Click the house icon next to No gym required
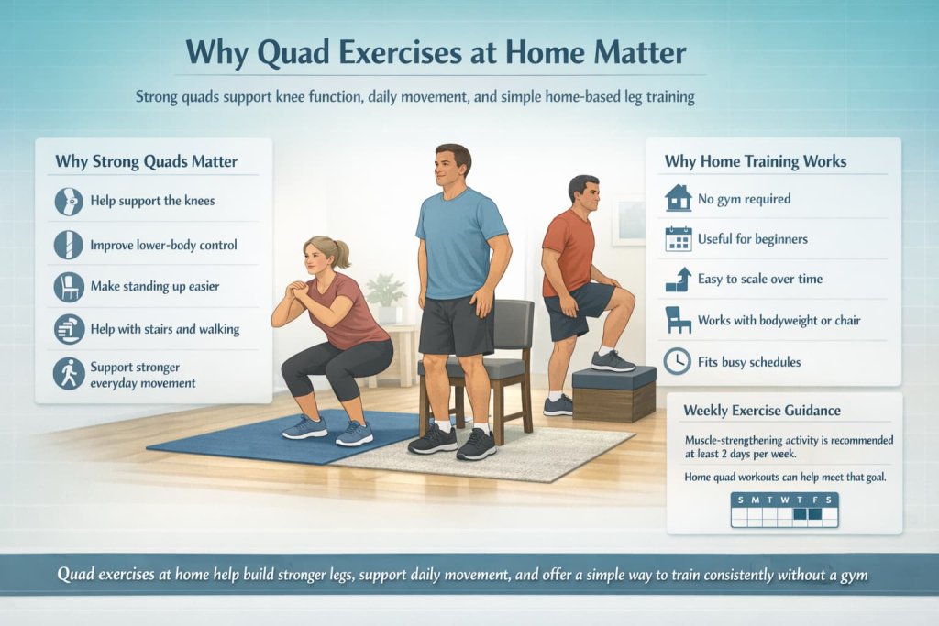(x=678, y=198)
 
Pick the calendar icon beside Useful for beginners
(x=678, y=239)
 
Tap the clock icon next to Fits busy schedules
(x=678, y=361)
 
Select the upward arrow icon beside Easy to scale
(x=678, y=280)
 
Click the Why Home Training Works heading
(x=755, y=161)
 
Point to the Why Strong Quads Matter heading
(x=146, y=162)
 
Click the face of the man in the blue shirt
(x=452, y=170)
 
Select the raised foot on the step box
(x=612, y=360)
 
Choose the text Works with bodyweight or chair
(x=779, y=321)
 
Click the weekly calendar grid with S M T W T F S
(x=784, y=510)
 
